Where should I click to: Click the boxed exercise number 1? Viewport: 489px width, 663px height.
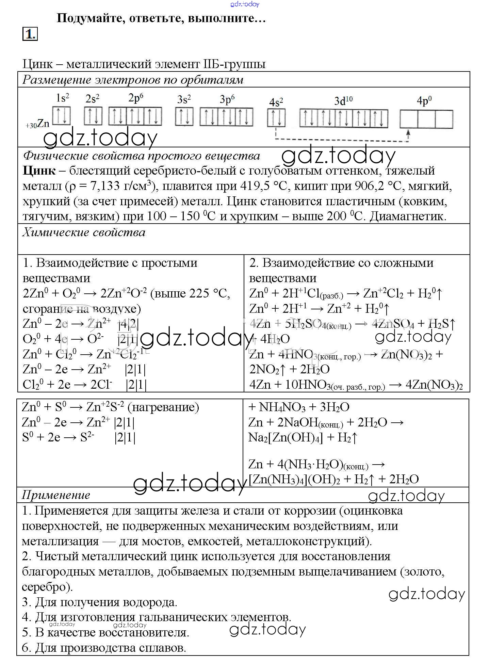pos(30,34)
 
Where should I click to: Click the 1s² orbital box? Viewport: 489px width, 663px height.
pos(62,116)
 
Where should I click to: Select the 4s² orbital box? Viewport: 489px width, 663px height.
pos(276,117)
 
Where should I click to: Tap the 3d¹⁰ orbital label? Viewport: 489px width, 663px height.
pos(343,101)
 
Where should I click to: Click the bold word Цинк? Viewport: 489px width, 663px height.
pos(39,171)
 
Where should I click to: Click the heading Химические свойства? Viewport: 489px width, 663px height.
pos(84,232)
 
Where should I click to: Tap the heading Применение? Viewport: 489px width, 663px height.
pos(56,495)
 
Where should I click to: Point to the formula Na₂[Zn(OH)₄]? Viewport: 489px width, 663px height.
pos(285,437)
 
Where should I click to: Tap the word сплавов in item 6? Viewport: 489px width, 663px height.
pos(162,647)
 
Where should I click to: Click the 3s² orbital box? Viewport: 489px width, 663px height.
pos(184,117)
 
